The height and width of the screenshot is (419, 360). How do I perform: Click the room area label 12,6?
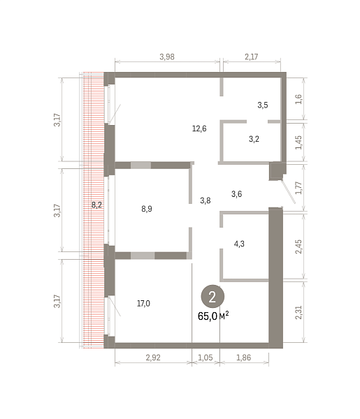pos(199,128)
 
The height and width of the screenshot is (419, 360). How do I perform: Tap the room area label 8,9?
pos(147,208)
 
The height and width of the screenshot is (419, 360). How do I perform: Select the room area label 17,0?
pos(143,304)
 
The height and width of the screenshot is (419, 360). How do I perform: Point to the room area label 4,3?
pos(239,244)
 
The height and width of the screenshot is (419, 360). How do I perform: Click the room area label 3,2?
pos(254,139)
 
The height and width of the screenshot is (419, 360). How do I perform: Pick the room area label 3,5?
pos(263,105)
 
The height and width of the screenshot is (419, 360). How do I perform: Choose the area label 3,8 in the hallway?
pos(205,200)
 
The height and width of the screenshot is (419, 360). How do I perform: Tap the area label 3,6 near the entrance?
pos(236,194)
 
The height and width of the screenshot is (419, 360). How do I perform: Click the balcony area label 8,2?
pos(96,205)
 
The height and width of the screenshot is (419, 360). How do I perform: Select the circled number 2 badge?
pos(213,296)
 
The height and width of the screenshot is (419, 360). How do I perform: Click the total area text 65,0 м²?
pos(213,316)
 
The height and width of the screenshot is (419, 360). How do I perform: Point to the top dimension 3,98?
pos(167,57)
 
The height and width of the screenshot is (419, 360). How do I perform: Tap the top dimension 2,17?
pos(252,57)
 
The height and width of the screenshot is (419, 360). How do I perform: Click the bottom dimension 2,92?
pos(153,358)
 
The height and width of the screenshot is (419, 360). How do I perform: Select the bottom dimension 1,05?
pos(206,358)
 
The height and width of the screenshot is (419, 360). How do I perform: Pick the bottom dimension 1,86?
pos(244,358)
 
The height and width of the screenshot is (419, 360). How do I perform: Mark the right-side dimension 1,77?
pos(298,188)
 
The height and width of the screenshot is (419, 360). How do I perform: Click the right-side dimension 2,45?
pos(298,247)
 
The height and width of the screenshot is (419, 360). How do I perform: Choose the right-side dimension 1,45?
pos(298,142)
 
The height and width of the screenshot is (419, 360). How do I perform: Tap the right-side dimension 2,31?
pos(298,312)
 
